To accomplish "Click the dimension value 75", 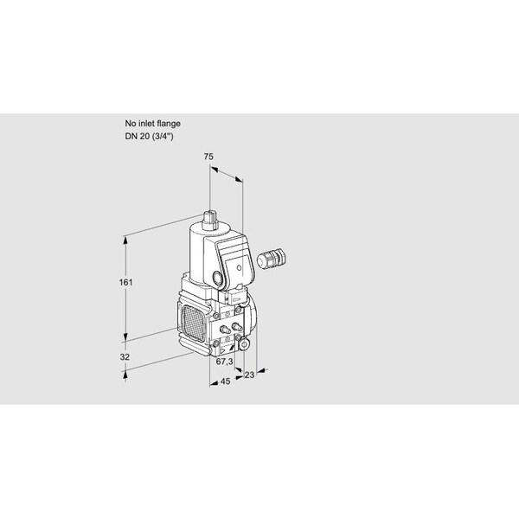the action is pyautogui.click(x=208, y=157).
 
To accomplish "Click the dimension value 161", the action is pyautogui.click(x=125, y=282).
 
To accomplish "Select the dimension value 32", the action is pyautogui.click(x=125, y=357).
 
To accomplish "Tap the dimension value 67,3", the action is pyautogui.click(x=224, y=362).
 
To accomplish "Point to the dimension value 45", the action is pyautogui.click(x=225, y=381).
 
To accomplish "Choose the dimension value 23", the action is pyautogui.click(x=249, y=375).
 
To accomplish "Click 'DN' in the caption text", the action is pyautogui.click(x=131, y=136).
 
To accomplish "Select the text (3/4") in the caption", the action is pyautogui.click(x=163, y=137).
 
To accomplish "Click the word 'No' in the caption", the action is pyautogui.click(x=131, y=124).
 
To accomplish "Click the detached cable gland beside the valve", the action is pyautogui.click(x=271, y=258).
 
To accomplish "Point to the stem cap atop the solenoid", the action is pyautogui.click(x=209, y=220).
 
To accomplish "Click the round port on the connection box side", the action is pyautogui.click(x=217, y=277).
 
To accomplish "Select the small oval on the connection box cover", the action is pyautogui.click(x=239, y=268).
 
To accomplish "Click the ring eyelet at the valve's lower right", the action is pyautogui.click(x=245, y=345).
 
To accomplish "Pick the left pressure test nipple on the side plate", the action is pyautogui.click(x=226, y=330).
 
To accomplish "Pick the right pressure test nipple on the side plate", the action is pyautogui.click(x=237, y=327).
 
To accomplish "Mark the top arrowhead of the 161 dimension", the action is pyautogui.click(x=125, y=240).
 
